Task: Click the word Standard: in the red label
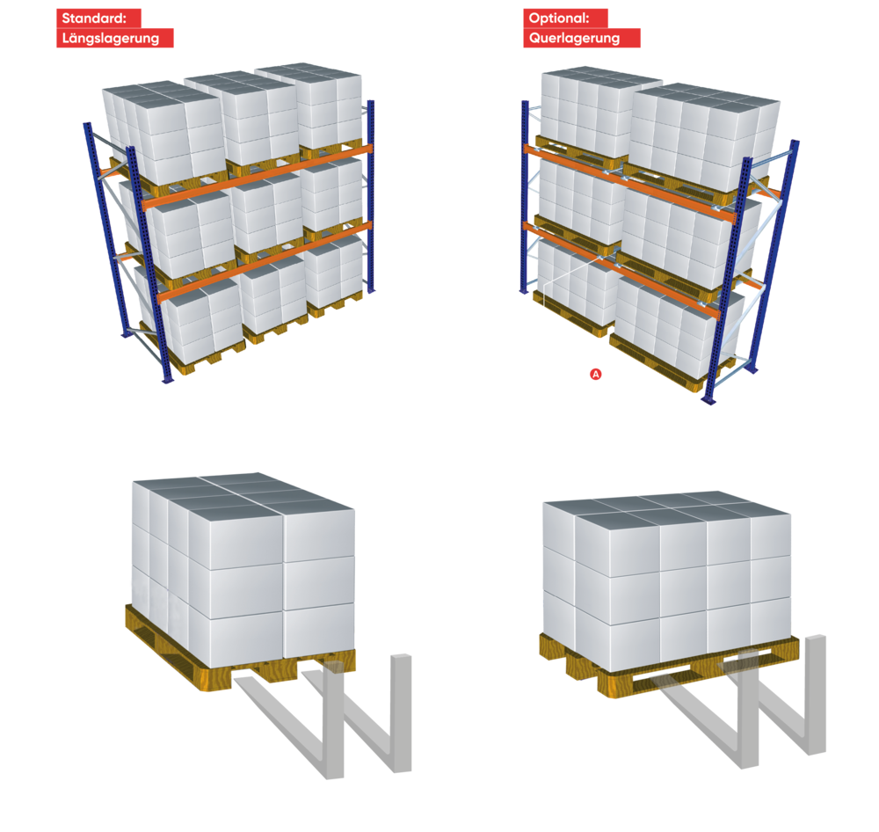pos(94,18)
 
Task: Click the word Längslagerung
pos(111,38)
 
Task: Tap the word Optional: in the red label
pos(559,18)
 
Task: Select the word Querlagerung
pos(574,38)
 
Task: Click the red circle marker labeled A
pos(595,374)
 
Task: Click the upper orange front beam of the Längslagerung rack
pos(257,177)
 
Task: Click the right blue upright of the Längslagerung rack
pos(371,196)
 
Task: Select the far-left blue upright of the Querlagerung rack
pos(525,196)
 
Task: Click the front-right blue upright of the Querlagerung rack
pos(727,281)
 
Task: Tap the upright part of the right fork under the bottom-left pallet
pos(402,712)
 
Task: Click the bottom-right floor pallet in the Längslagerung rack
pos(335,304)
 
